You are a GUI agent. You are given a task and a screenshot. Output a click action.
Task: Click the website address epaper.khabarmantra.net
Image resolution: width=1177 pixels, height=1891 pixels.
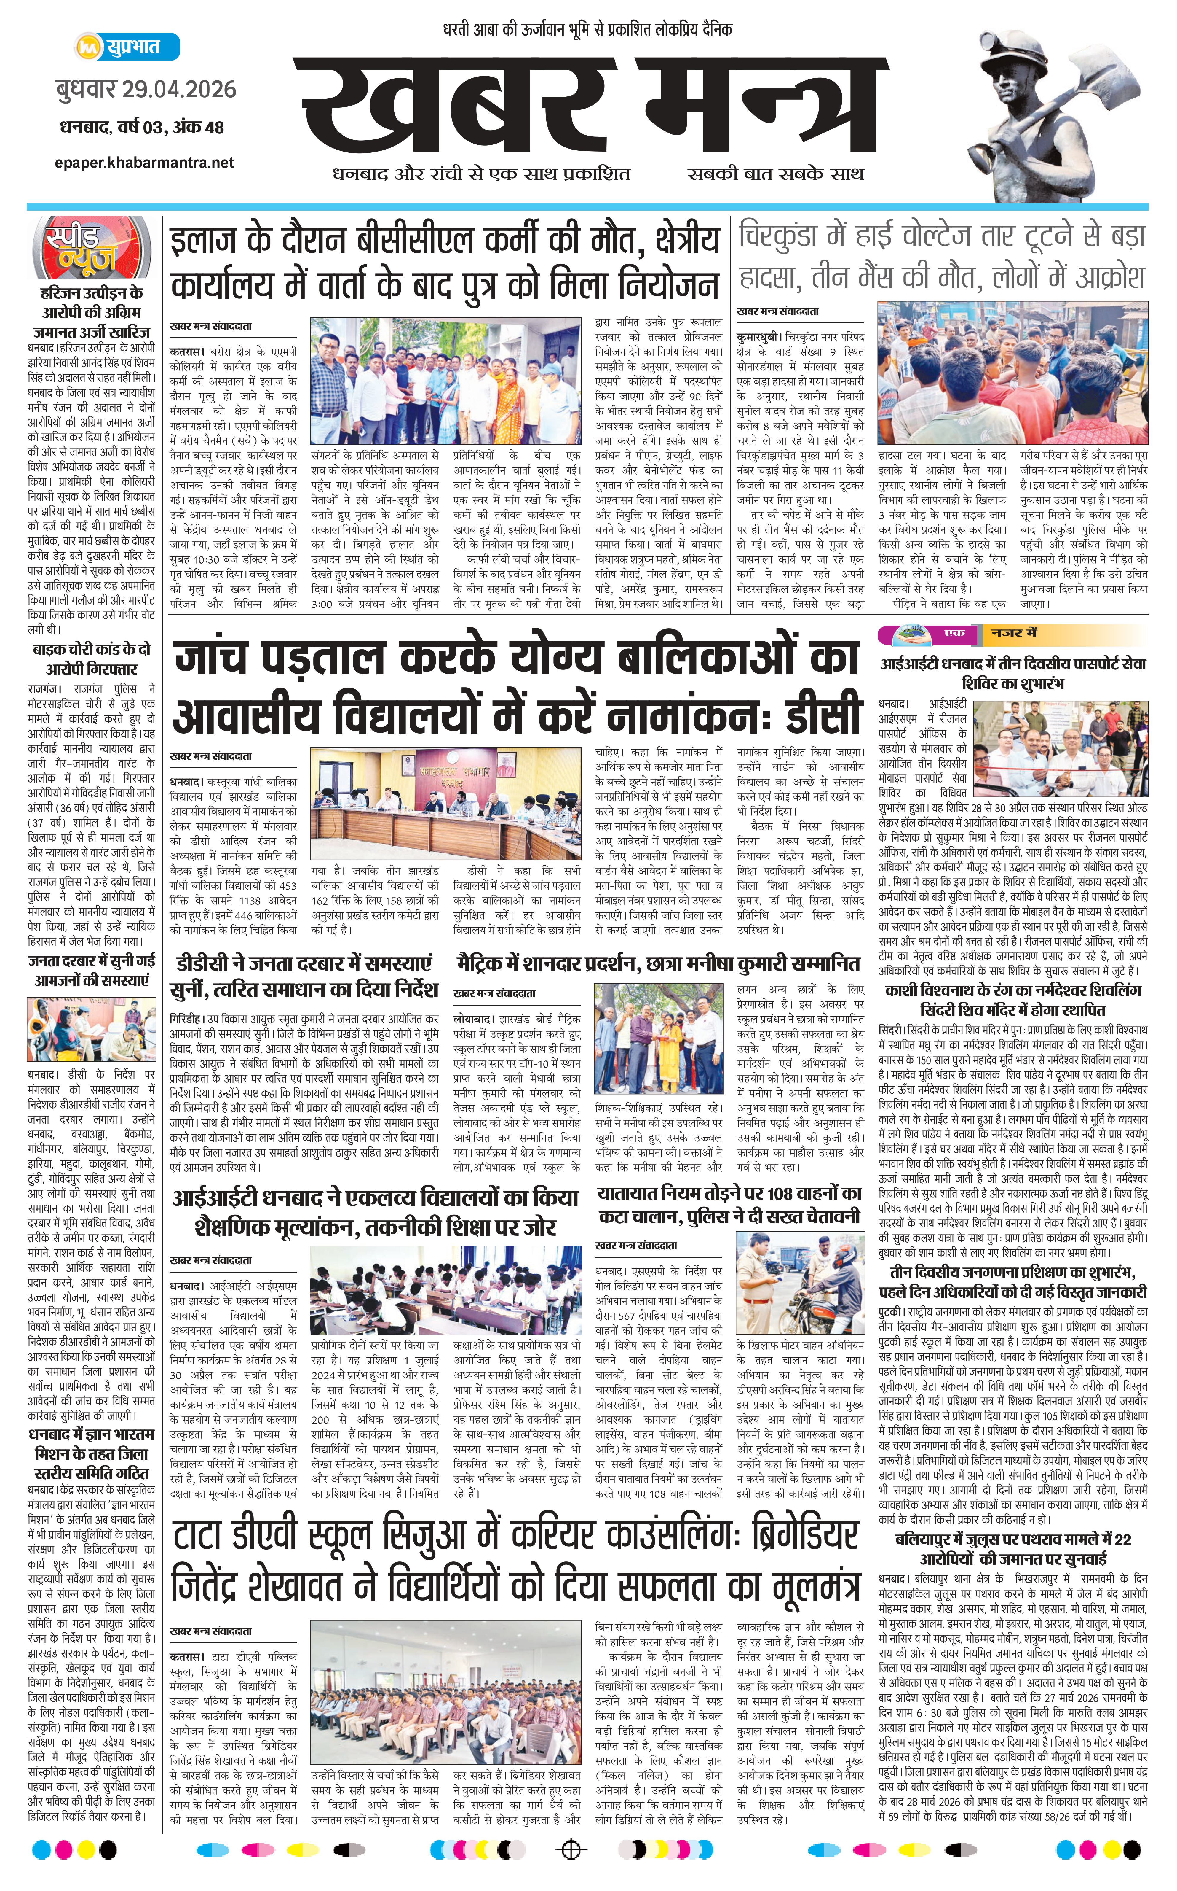(x=145, y=162)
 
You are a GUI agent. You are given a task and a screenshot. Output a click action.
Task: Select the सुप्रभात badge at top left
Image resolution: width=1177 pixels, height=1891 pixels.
(x=128, y=47)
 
